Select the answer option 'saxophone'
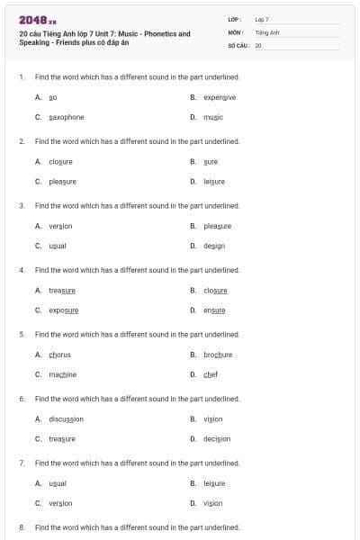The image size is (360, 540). tap(67, 117)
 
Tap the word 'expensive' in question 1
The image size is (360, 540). tap(220, 97)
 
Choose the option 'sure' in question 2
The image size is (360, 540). tap(211, 161)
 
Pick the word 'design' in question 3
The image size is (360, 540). tap(214, 246)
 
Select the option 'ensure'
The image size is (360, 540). tap(214, 310)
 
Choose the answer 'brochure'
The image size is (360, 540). tap(218, 355)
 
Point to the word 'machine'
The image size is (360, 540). tap(62, 374)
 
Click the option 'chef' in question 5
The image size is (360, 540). tap(211, 374)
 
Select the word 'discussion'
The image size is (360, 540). tap(66, 418)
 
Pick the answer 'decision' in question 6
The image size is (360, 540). tap(217, 438)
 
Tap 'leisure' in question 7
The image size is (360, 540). tap(214, 483)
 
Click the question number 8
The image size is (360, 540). tap(21, 526)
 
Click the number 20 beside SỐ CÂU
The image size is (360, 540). tap(258, 44)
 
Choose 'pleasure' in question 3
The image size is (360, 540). tap(218, 226)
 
